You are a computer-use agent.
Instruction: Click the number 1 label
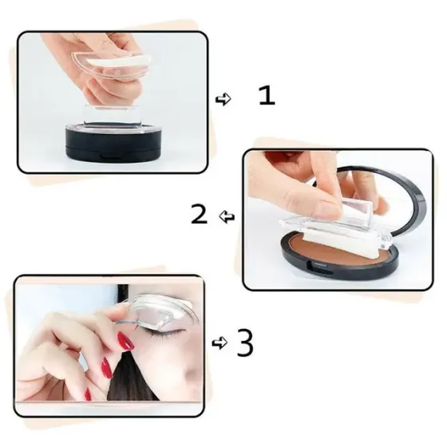(267, 97)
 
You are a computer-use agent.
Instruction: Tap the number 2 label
(200, 213)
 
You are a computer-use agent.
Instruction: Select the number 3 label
(246, 343)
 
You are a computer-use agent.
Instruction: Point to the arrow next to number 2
(227, 216)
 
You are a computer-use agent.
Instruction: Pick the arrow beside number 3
(219, 343)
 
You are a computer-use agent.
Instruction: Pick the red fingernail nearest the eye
(125, 342)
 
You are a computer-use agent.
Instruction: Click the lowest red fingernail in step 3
(105, 369)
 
